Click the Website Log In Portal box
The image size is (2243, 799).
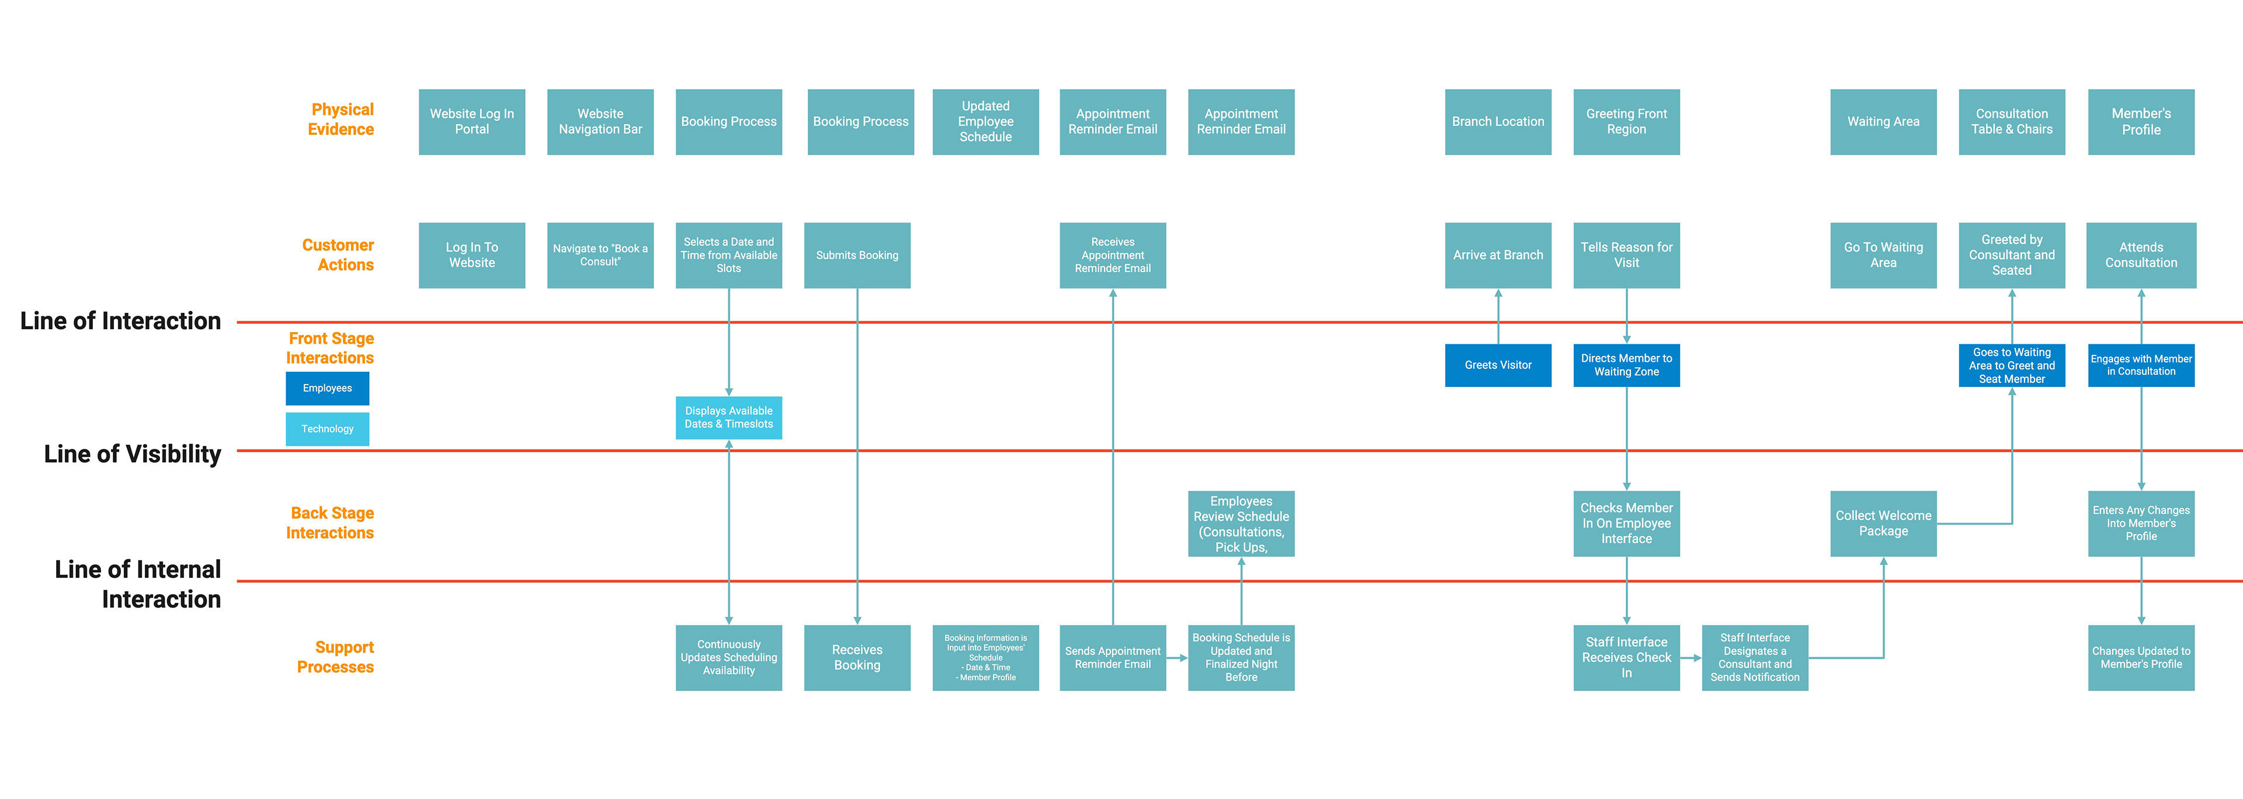click(472, 122)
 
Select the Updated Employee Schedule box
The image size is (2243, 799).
click(985, 122)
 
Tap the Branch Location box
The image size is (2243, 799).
click(1498, 122)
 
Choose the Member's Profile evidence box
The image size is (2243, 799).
click(2141, 122)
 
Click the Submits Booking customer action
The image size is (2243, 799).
click(857, 255)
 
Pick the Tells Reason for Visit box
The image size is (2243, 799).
click(1627, 255)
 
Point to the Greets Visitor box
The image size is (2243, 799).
click(1498, 365)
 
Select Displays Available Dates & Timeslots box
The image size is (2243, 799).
click(729, 418)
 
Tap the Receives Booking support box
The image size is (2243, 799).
click(857, 658)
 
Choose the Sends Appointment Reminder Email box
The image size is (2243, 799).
click(1113, 658)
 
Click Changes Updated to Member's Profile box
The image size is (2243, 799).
click(2141, 658)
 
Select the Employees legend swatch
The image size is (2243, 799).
click(327, 388)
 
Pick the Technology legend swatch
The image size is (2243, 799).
click(327, 429)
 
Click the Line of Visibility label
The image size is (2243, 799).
click(133, 454)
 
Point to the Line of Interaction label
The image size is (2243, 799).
click(120, 321)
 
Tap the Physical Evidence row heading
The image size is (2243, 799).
click(341, 119)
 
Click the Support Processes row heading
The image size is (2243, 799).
click(336, 657)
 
